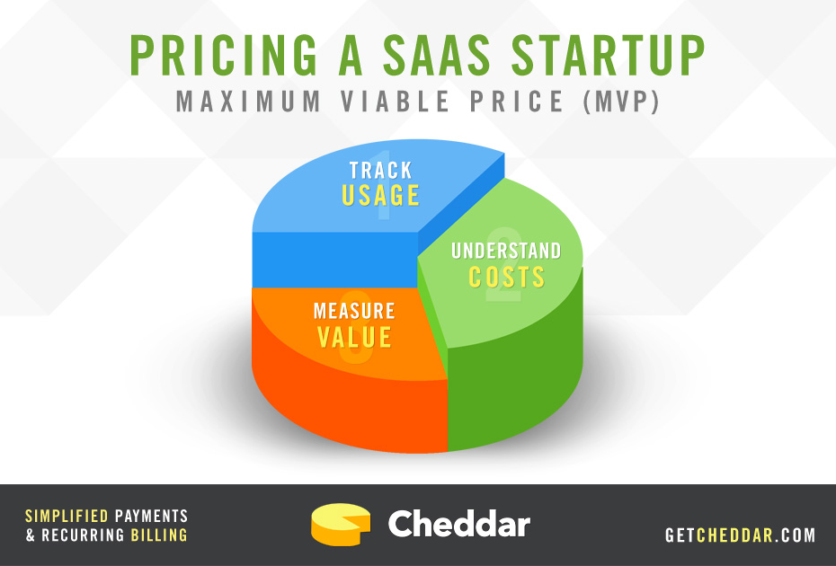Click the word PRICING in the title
[x=224, y=56]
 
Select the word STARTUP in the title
[x=608, y=56]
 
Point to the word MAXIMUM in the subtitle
[x=248, y=102]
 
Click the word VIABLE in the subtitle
[x=395, y=102]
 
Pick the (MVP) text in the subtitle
[x=622, y=102]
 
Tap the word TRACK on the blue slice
[x=380, y=171]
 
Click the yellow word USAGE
[x=380, y=196]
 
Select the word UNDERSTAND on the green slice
[x=506, y=251]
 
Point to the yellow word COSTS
[x=506, y=277]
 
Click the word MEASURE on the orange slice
[x=354, y=311]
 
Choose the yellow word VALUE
[x=354, y=337]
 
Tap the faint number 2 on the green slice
[x=503, y=265]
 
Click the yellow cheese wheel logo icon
[x=341, y=525]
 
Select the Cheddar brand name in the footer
[x=459, y=524]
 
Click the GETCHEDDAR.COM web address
[x=740, y=535]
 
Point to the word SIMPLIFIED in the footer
[x=67, y=516]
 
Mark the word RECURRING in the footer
[x=84, y=535]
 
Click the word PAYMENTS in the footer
[x=151, y=516]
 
